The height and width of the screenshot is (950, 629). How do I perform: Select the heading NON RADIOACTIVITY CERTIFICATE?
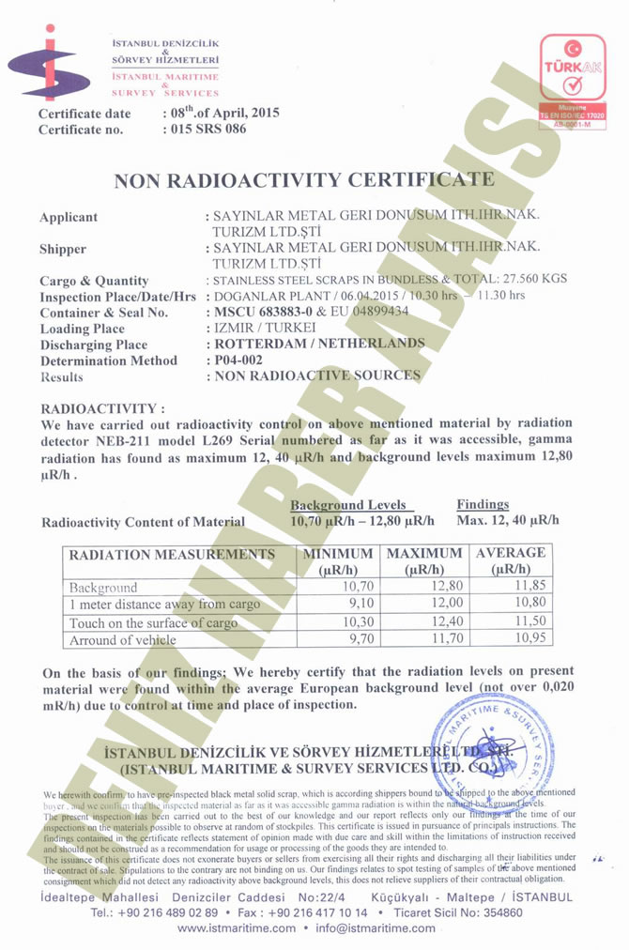coord(304,180)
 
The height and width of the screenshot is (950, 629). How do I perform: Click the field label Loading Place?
coord(82,329)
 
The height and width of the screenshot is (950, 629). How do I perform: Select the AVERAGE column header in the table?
coord(511,561)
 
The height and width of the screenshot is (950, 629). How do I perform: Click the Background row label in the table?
coord(103,588)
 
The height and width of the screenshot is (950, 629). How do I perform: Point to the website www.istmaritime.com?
coord(236,928)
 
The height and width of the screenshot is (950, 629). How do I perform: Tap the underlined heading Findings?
coord(483,504)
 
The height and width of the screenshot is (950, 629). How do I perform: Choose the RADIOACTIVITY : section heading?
coord(103,409)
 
